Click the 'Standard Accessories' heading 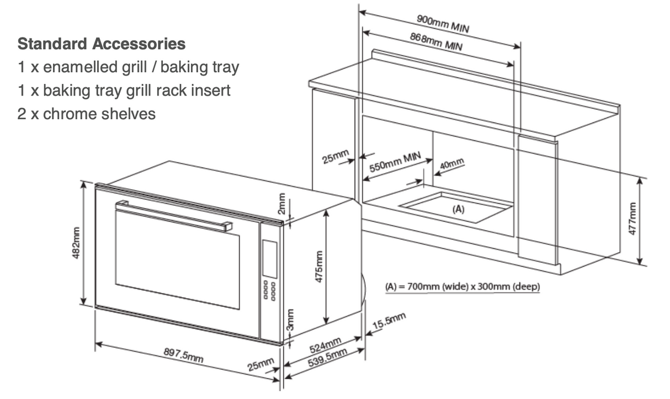(x=101, y=43)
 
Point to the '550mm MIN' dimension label (x=395, y=163)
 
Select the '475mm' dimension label (x=318, y=267)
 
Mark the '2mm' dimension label (x=281, y=204)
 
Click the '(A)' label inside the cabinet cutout (x=458, y=209)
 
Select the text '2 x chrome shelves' (x=87, y=114)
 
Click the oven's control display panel (x=270, y=259)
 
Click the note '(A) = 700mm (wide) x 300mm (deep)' (x=462, y=287)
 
